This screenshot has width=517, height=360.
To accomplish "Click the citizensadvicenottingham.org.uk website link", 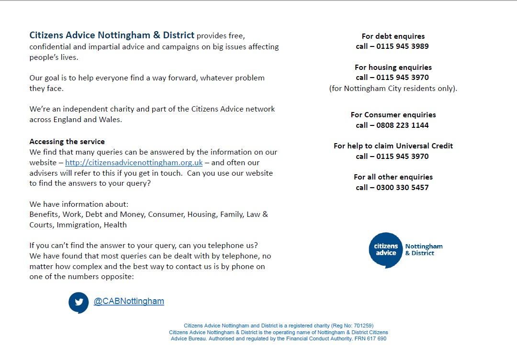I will pyautogui.click(x=134, y=163).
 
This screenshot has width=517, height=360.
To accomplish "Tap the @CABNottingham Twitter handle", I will pyautogui.click(x=129, y=301).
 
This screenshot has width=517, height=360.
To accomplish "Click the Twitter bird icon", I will pyautogui.click(x=79, y=302).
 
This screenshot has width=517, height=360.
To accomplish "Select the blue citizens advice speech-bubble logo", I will pyautogui.click(x=385, y=250).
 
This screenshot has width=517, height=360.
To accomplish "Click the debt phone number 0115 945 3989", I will pyautogui.click(x=403, y=46).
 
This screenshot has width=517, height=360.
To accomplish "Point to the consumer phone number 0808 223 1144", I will pyautogui.click(x=403, y=125).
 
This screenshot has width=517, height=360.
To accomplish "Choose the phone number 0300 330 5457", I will pyautogui.click(x=403, y=188).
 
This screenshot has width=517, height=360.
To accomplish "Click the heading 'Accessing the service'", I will pyautogui.click(x=67, y=142).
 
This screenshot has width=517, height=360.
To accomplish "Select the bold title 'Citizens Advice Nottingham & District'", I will pyautogui.click(x=112, y=35).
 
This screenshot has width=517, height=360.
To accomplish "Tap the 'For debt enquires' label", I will pyautogui.click(x=393, y=36).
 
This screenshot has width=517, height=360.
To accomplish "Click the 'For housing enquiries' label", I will pyautogui.click(x=393, y=67).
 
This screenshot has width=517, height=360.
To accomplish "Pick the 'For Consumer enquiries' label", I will pyautogui.click(x=393, y=115).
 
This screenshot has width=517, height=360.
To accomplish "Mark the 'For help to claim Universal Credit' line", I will pyautogui.click(x=393, y=146).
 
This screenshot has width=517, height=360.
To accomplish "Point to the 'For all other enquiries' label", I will pyautogui.click(x=393, y=177).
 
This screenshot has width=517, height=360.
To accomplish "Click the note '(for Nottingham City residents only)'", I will pyautogui.click(x=393, y=89).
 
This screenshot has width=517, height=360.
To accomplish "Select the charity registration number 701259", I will pyautogui.click(x=363, y=326).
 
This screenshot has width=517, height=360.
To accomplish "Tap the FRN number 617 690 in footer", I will pyautogui.click(x=376, y=338).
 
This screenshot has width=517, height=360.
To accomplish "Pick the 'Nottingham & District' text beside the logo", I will pyautogui.click(x=424, y=250).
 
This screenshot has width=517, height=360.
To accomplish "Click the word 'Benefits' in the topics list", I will pyautogui.click(x=45, y=214).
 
